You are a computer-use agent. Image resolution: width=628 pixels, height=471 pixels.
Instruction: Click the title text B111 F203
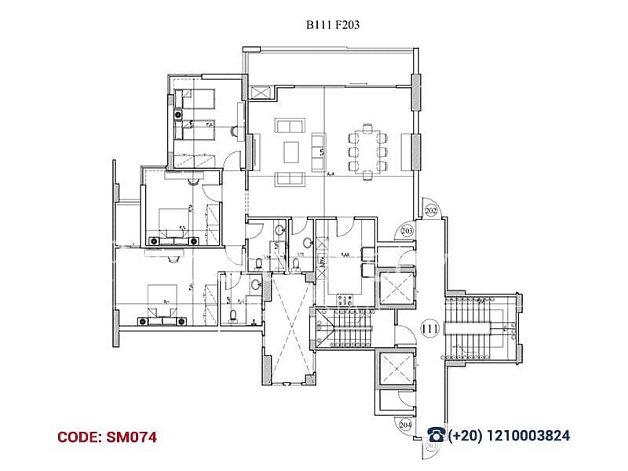coord(333,25)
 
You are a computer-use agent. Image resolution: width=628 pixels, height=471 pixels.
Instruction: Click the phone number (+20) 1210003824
coord(508,436)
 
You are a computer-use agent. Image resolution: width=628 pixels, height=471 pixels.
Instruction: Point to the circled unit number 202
coord(430,210)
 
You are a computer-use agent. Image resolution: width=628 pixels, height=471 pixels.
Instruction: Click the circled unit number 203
coord(407,230)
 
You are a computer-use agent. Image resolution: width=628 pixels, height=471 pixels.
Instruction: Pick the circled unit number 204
coord(406,424)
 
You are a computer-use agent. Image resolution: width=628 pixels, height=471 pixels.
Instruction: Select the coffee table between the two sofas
coord(291,149)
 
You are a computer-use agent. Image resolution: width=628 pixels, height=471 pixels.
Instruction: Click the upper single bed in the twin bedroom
coord(198,98)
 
